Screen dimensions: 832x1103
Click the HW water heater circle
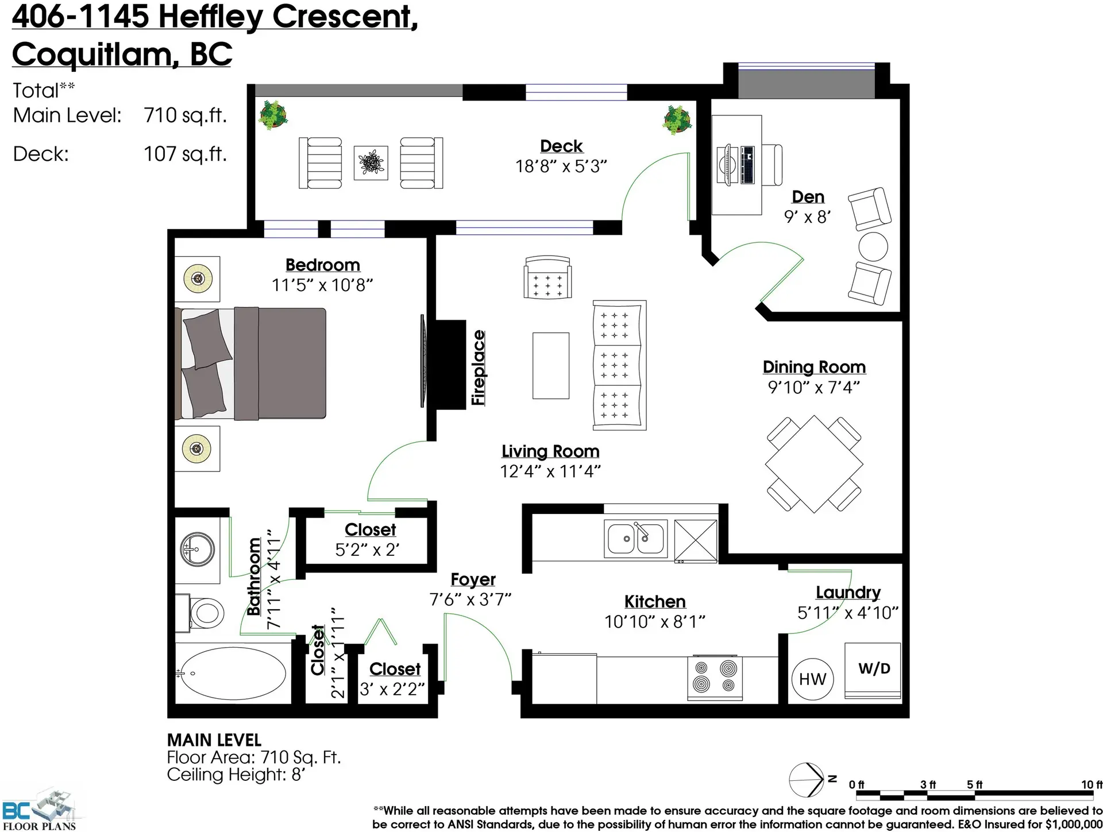pyautogui.click(x=812, y=679)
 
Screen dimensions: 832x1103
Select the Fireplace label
pyautogui.click(x=478, y=367)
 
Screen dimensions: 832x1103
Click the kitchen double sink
pyautogui.click(x=635, y=539)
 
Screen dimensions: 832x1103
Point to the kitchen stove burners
pyautogui.click(x=715, y=677)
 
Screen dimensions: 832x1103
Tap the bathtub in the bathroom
pyautogui.click(x=233, y=674)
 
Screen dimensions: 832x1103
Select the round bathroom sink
pyautogui.click(x=197, y=549)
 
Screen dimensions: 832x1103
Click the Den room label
pyautogui.click(x=808, y=197)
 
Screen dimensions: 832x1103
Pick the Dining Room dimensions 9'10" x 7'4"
pyautogui.click(x=813, y=388)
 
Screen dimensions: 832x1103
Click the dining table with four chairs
pyautogui.click(x=814, y=464)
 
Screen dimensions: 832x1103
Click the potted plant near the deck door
pyautogui.click(x=677, y=119)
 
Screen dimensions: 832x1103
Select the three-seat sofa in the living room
pyautogui.click(x=619, y=365)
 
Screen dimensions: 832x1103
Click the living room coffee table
pyautogui.click(x=550, y=365)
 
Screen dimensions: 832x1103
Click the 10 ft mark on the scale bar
pyautogui.click(x=1091, y=785)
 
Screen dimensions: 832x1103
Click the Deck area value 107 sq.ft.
pyautogui.click(x=185, y=154)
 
